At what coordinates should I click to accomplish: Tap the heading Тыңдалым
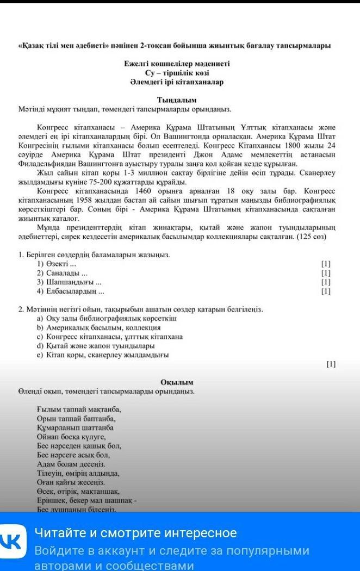pyautogui.click(x=177, y=100)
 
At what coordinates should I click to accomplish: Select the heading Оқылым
pyautogui.click(x=177, y=382)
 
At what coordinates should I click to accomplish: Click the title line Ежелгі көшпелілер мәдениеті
pyautogui.click(x=177, y=64)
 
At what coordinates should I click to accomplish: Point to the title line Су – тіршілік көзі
pyautogui.click(x=177, y=73)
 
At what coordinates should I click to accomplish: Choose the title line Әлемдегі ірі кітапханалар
pyautogui.click(x=177, y=82)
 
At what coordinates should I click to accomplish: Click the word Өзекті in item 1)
pyautogui.click(x=56, y=264)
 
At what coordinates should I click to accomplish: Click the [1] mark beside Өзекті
pyautogui.click(x=326, y=264)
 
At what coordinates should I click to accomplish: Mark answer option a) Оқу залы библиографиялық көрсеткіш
pyautogui.click(x=107, y=319)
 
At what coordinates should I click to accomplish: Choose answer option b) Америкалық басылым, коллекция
pyautogui.click(x=98, y=328)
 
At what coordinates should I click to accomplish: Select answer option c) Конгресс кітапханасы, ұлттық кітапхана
pyautogui.click(x=110, y=337)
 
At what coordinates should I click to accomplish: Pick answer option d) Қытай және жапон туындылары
pyautogui.click(x=96, y=346)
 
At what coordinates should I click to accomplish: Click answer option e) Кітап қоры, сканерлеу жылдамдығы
pyautogui.click(x=103, y=355)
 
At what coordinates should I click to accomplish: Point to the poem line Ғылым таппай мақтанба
pyautogui.click(x=79, y=409)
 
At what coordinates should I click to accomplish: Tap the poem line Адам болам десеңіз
pyautogui.click(x=71, y=464)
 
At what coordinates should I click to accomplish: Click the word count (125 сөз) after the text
pyautogui.click(x=311, y=238)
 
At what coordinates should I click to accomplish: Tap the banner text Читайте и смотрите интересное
pyautogui.click(x=136, y=533)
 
